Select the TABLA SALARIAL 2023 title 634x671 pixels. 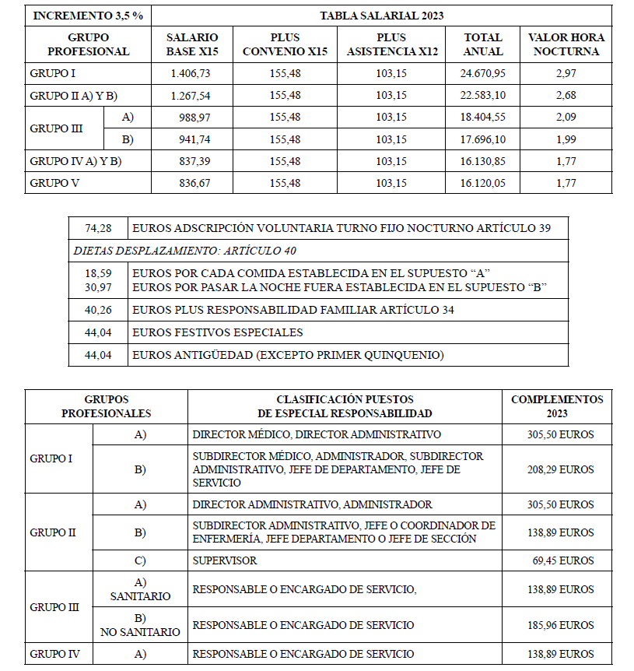[x=381, y=16]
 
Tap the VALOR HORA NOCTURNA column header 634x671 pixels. [x=566, y=44]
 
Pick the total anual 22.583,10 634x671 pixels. [x=483, y=96]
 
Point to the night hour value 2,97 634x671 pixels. [x=566, y=73]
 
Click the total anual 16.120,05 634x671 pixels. [x=483, y=184]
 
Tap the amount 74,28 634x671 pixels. [x=99, y=228]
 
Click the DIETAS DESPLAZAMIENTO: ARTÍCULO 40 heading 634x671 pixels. [x=184, y=251]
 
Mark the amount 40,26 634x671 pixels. [x=99, y=310]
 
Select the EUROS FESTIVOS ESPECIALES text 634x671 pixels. [x=218, y=332]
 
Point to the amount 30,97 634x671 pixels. [x=99, y=287]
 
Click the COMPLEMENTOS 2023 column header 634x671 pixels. [x=557, y=406]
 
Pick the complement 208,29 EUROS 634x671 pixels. [x=560, y=469]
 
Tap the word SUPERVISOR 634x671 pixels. [x=224, y=560]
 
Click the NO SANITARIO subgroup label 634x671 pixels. [x=140, y=632]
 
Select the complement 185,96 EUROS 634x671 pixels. [x=560, y=625]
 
